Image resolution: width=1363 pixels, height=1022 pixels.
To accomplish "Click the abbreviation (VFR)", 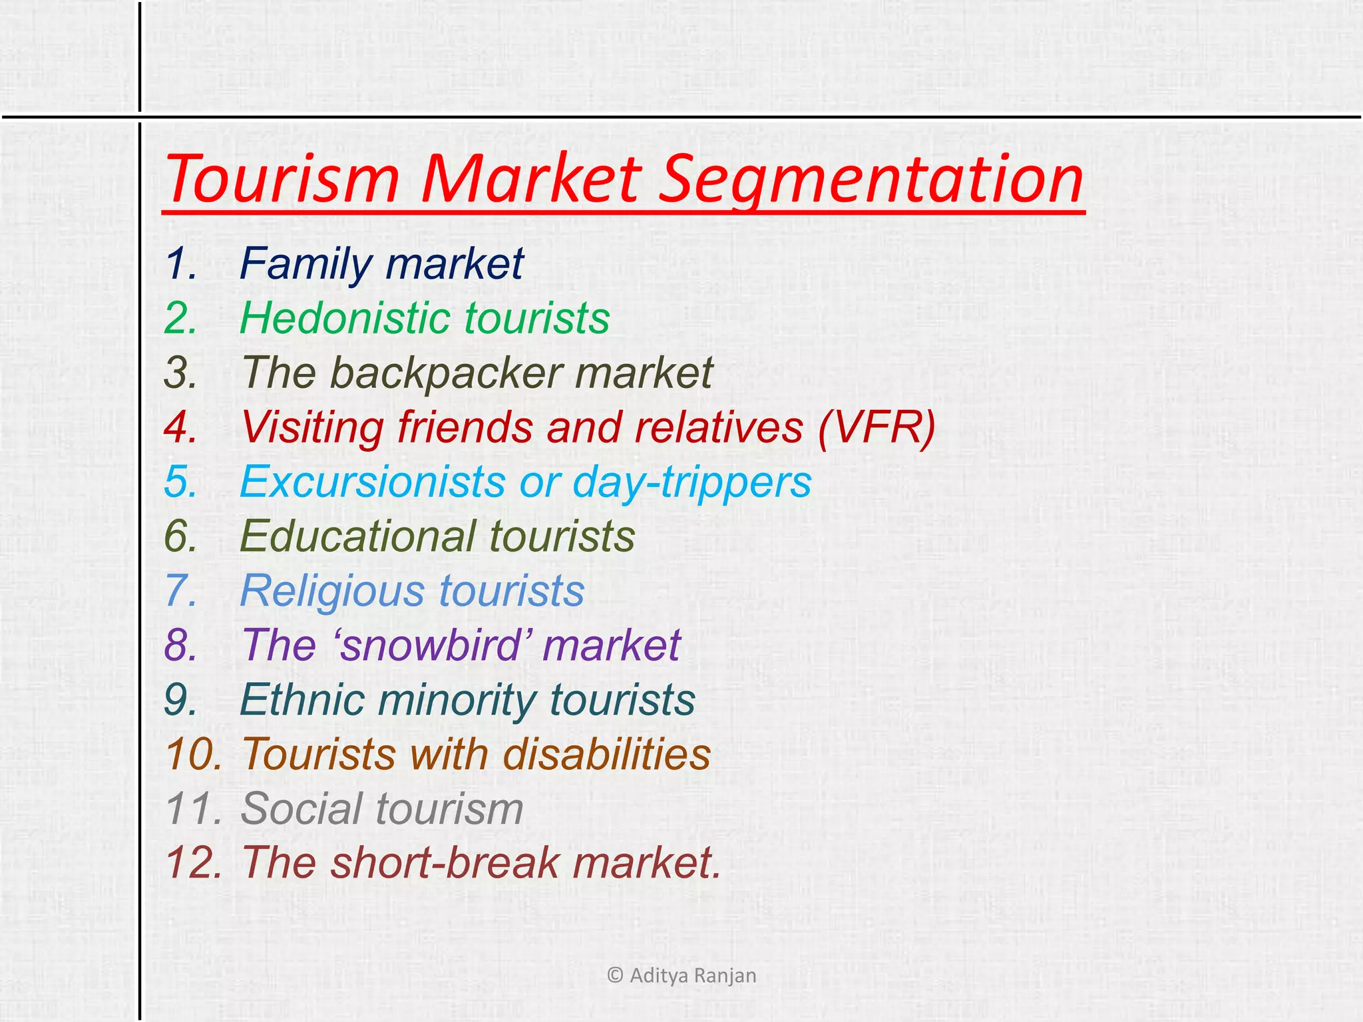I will point(876,426).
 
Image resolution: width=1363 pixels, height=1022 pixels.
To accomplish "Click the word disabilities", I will point(606,754).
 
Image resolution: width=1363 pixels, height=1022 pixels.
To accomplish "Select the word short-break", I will point(445,862).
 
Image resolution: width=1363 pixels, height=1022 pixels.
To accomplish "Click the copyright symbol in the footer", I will point(615,975).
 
